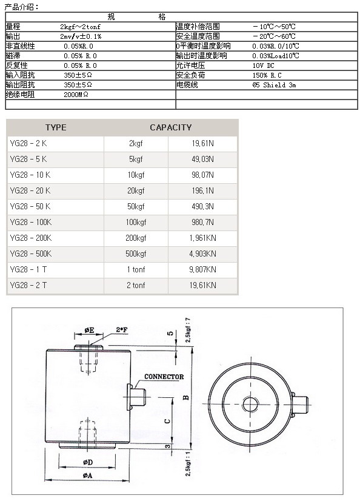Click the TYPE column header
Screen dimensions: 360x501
[x=56, y=127]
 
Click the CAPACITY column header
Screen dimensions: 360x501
[x=171, y=127]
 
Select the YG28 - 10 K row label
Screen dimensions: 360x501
[x=30, y=175]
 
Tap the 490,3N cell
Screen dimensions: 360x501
[x=202, y=206]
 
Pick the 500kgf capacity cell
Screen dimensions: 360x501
[x=136, y=254]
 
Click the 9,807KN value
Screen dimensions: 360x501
[x=202, y=269]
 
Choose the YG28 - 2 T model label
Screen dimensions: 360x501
[x=28, y=285]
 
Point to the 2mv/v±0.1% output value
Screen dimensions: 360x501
[x=81, y=36]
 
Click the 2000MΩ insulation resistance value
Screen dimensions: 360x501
[x=76, y=95]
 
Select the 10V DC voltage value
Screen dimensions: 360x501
[x=263, y=66]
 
